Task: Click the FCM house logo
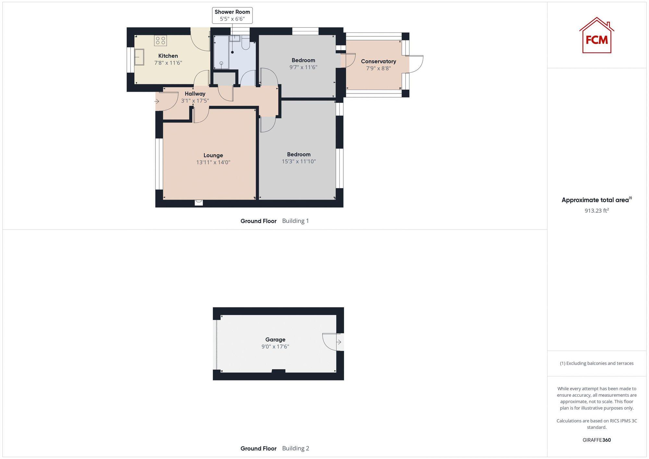[596, 36]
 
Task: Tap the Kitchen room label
[168, 56]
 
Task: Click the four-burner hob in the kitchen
[160, 41]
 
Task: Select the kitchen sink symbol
[139, 57]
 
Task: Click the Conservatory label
[378, 61]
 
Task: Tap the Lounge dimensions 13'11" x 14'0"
[213, 162]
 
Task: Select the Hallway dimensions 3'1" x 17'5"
[195, 101]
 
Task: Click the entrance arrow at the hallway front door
[157, 102]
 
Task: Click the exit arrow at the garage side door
[339, 342]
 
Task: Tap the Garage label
[275, 340]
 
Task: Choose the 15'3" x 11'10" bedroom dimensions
[299, 161]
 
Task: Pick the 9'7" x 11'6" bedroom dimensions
[303, 67]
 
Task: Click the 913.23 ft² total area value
[596, 211]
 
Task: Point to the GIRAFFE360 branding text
[596, 440]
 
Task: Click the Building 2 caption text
[295, 448]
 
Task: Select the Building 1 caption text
[295, 221]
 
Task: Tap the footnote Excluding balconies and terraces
[596, 363]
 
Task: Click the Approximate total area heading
[595, 200]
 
